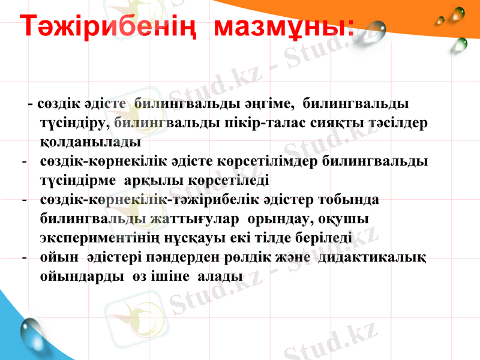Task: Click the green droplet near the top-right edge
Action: [461, 43]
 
